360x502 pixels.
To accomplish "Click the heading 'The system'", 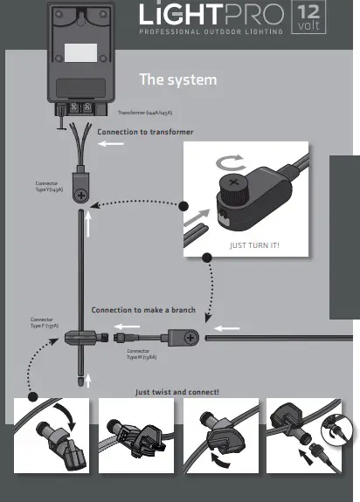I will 177,80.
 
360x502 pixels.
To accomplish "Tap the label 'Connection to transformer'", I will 145,132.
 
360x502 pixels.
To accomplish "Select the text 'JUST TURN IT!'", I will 253,244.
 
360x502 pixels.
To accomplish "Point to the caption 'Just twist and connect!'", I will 177,392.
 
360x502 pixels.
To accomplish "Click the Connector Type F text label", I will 44,323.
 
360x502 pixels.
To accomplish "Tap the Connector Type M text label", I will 142,354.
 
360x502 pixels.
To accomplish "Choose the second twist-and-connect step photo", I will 135,435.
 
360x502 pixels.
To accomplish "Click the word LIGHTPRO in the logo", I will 210,17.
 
